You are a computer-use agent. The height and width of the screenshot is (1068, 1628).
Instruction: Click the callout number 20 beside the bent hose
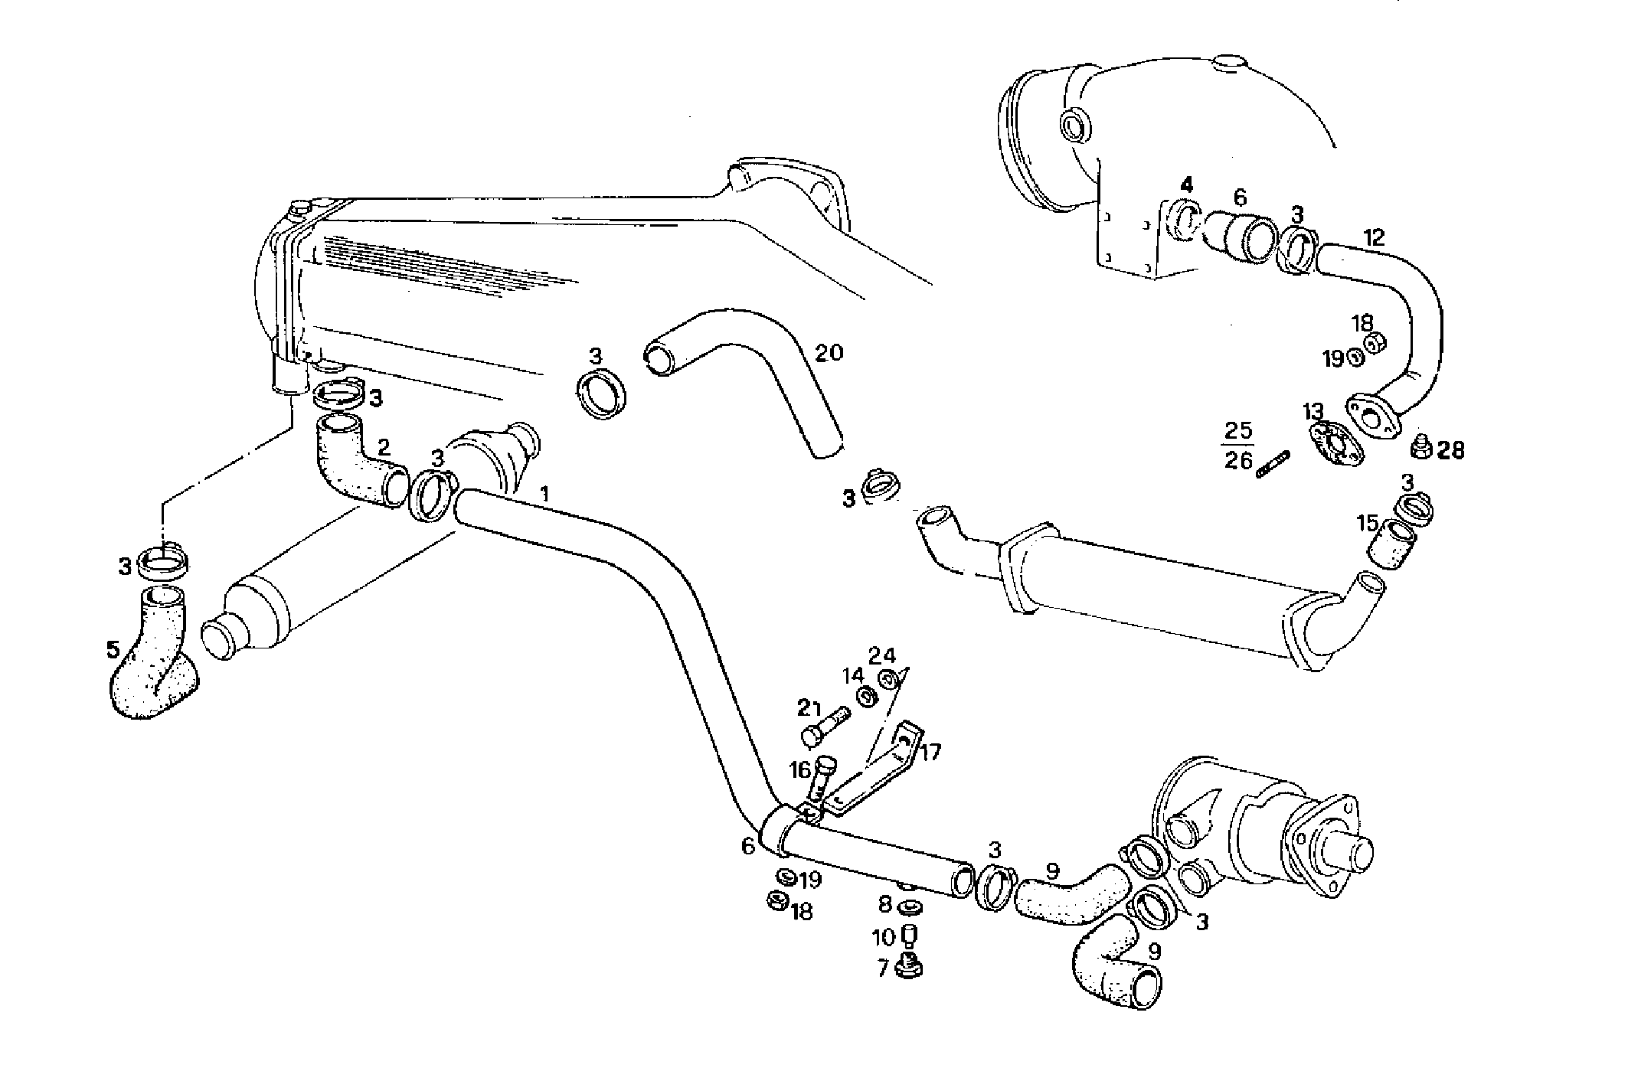point(829,353)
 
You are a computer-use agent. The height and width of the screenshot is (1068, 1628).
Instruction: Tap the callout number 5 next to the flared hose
point(113,651)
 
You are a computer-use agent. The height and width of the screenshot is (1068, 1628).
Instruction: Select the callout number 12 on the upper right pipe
point(1375,237)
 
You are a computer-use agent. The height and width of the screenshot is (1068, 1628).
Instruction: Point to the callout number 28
point(1450,450)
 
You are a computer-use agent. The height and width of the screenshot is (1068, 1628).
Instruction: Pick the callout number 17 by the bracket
point(930,752)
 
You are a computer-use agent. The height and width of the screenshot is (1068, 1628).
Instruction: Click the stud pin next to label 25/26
point(1273,465)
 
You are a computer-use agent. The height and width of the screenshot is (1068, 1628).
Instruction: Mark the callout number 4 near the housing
point(1186,185)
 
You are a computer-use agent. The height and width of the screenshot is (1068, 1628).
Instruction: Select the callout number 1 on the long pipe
point(544,494)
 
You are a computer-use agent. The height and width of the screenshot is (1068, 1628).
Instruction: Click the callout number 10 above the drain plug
point(883,936)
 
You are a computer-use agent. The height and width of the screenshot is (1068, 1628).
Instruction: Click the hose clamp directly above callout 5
point(165,565)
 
